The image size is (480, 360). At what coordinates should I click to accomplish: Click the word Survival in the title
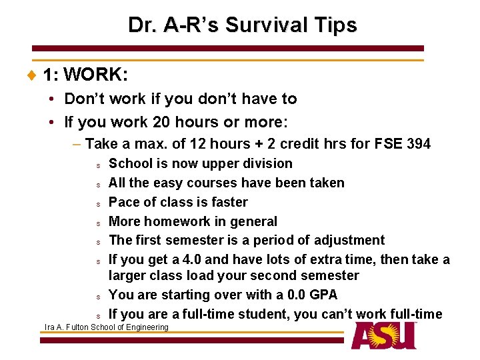[264, 25]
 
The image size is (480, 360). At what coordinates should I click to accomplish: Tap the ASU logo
[385, 335]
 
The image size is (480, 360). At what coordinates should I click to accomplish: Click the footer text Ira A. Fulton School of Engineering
[106, 327]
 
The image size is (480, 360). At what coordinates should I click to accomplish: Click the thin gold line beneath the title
[228, 61]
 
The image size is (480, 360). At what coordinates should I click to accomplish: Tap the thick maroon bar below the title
[228, 49]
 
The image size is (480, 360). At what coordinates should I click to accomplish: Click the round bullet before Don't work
[51, 99]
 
